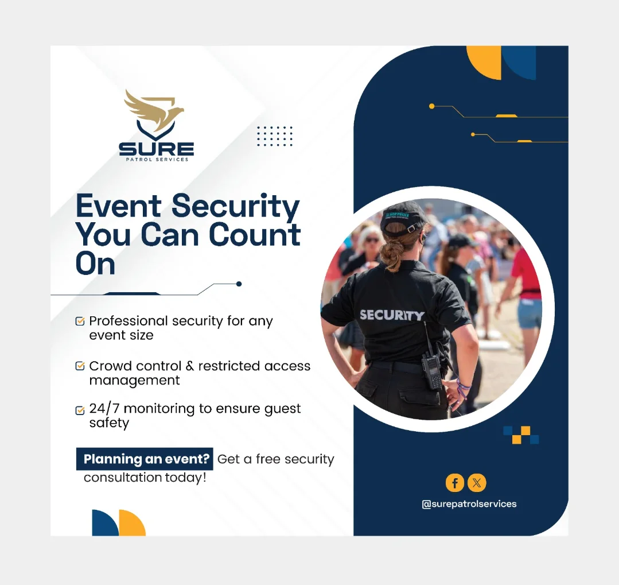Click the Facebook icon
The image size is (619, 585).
pos(455,483)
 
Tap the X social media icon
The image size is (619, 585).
pos(477,483)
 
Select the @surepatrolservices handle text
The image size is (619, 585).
pos(469,504)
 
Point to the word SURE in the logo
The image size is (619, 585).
pos(157,149)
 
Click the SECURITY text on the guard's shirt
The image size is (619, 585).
pos(392,315)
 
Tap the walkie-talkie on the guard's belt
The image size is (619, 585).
pos(431,369)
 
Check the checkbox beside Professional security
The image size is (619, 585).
pos(80,321)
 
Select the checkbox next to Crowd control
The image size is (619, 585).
pos(80,366)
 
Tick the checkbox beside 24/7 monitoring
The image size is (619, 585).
pos(80,410)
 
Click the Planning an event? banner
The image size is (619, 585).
pos(145,459)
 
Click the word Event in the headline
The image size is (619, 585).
pos(118,206)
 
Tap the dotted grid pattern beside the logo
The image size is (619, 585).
pos(274,136)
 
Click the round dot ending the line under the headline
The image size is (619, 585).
pos(239,284)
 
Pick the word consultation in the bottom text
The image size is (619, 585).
pos(123,478)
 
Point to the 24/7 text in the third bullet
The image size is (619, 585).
pos(104,408)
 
